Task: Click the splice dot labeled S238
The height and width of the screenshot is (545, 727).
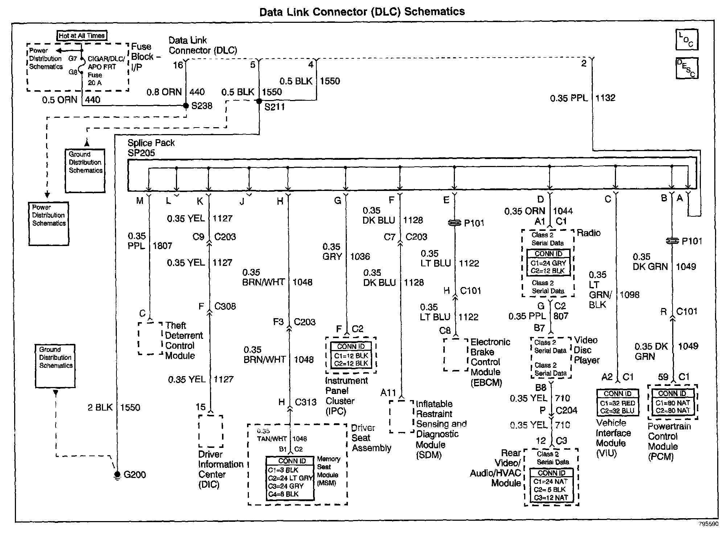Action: tap(186, 106)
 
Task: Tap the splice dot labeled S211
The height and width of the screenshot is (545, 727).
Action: tap(259, 101)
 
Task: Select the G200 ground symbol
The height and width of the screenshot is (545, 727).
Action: tap(117, 474)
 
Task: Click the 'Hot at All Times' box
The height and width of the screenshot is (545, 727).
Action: tap(82, 36)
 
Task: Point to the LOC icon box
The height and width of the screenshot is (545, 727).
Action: tap(686, 40)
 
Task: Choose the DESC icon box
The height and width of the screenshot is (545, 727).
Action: tap(686, 68)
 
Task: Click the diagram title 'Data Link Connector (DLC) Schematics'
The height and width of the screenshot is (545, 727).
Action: tap(362, 12)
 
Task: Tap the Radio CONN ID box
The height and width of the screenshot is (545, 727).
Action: tap(548, 263)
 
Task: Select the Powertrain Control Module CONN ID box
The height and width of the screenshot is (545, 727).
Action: tap(672, 402)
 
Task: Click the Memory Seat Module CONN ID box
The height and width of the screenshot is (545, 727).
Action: tap(290, 478)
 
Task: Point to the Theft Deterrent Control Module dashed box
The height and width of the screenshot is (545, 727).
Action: tap(150, 338)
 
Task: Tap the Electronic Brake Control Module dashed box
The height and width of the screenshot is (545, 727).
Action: tap(455, 355)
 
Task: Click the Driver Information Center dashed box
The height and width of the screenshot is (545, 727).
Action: tap(210, 431)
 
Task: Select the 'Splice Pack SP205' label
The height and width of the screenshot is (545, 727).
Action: tap(151, 148)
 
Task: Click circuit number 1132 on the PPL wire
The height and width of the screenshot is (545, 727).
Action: tap(605, 98)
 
